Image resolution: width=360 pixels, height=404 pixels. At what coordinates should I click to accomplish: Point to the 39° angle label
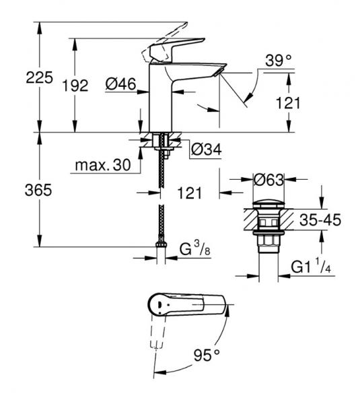tap(278, 61)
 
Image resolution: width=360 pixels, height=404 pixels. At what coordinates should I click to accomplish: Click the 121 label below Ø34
tap(190, 193)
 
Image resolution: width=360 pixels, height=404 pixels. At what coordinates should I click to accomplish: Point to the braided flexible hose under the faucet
tap(161, 195)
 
